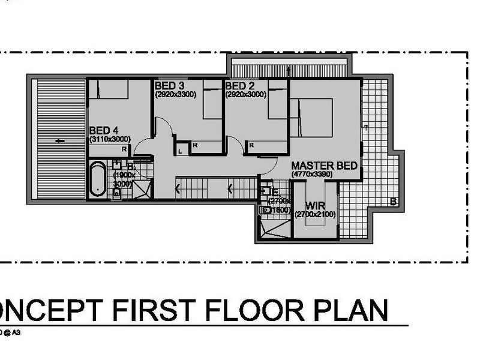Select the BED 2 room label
point(239,86)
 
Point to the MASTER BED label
point(325,166)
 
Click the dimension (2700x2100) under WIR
point(315,214)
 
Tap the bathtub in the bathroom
point(97,179)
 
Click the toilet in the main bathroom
point(117,193)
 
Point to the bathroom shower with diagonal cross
point(142,187)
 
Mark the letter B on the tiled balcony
point(393,202)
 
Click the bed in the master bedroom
point(313,118)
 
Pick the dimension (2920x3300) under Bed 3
point(176,94)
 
